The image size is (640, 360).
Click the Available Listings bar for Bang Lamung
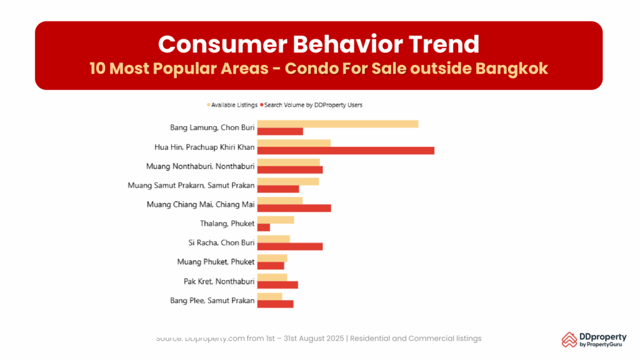coord(337,124)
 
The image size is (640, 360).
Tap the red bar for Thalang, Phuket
coord(264,227)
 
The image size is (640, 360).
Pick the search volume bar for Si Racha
coord(290,246)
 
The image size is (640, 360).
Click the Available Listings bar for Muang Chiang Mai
coord(280,201)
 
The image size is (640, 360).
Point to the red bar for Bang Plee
coord(275,304)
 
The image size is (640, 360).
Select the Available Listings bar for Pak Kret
coord(272,277)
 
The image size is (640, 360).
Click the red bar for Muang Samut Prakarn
coord(278,189)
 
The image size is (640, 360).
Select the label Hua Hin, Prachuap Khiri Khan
coord(204,147)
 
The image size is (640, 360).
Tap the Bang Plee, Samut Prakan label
coord(212,301)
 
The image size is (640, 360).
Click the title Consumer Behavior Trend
coord(319,44)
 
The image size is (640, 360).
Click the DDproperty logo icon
coord(569,339)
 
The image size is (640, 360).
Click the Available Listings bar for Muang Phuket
coord(272,258)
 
